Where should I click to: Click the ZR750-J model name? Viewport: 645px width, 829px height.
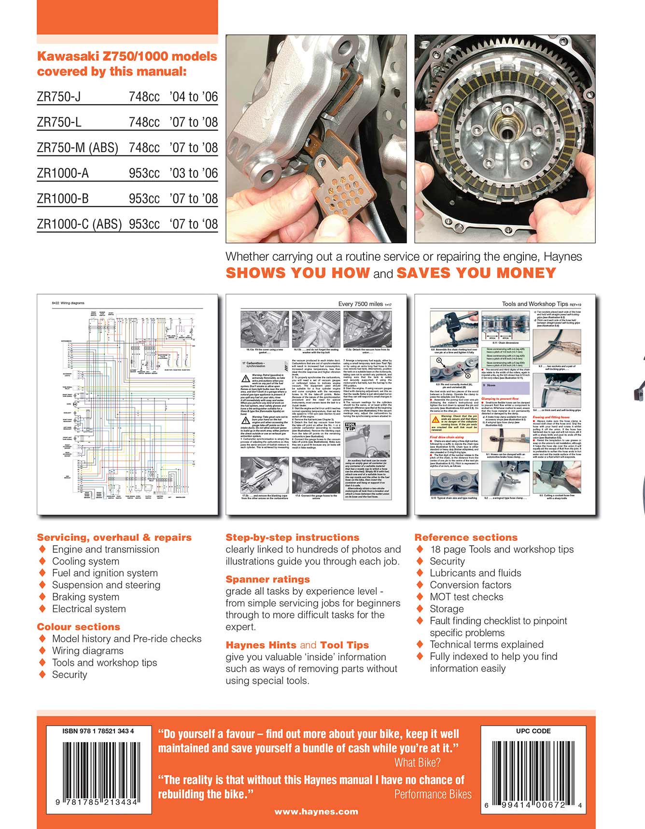(59, 97)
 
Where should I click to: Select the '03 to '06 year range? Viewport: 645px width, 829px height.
(194, 173)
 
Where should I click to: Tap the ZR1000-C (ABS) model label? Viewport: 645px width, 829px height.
(79, 225)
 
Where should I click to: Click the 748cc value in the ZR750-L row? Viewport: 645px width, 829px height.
(144, 123)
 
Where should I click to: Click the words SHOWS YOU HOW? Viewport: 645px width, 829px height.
(297, 273)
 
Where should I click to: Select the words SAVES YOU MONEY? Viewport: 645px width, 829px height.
(476, 273)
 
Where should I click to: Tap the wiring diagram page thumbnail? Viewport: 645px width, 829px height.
(127, 405)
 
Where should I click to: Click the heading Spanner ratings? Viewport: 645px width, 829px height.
(267, 579)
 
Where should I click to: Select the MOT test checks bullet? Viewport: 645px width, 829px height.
(466, 597)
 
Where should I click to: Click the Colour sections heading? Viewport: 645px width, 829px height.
(78, 627)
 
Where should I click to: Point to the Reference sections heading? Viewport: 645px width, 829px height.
(466, 537)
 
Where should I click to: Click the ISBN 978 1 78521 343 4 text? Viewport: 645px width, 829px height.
(98, 731)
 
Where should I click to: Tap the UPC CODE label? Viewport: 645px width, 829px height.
(533, 731)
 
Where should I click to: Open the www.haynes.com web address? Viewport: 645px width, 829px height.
(316, 812)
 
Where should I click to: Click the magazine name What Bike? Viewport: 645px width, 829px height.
(417, 763)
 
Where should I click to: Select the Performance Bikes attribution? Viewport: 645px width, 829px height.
(433, 794)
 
